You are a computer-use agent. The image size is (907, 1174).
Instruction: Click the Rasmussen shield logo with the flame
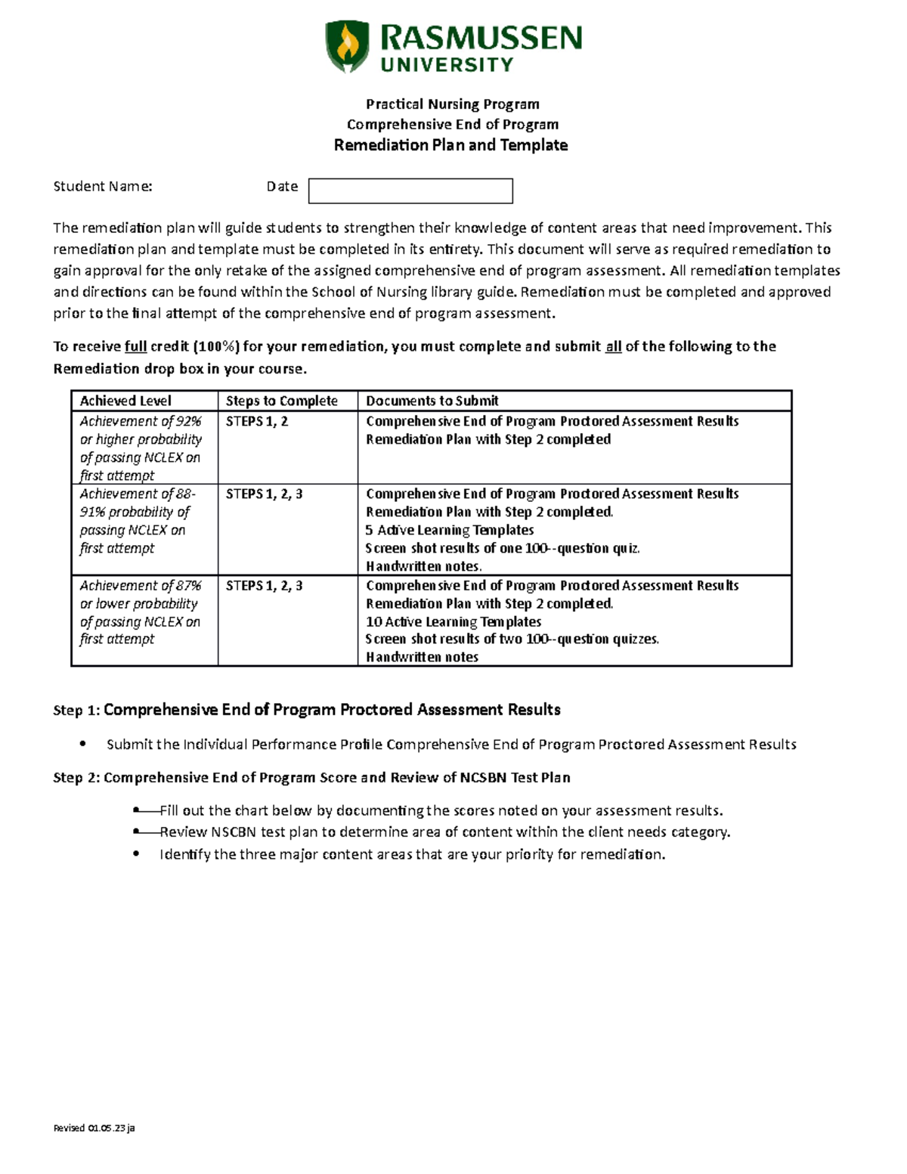tap(347, 46)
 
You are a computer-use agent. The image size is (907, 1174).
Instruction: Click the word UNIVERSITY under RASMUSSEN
tap(447, 65)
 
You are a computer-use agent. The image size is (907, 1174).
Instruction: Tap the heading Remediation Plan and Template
tap(450, 145)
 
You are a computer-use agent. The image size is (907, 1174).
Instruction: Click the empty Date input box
tap(410, 191)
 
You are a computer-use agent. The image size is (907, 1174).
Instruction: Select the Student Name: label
tap(103, 187)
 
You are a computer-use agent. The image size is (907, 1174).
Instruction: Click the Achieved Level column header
tap(125, 401)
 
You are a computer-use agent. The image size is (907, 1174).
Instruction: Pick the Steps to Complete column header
tap(281, 401)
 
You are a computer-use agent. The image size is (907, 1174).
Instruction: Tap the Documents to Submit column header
tap(432, 401)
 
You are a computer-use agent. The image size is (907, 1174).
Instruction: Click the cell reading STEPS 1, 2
tap(257, 422)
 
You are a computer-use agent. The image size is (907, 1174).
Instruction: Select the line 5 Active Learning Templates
tap(450, 530)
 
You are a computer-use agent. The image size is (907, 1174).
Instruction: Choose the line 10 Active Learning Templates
tap(453, 621)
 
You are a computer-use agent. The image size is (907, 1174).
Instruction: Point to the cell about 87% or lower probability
tap(140, 612)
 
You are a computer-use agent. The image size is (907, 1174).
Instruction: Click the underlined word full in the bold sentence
tap(135, 347)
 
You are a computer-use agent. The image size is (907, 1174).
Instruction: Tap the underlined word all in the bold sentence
tap(613, 347)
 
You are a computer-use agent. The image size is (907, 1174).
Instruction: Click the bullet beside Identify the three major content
tap(136, 854)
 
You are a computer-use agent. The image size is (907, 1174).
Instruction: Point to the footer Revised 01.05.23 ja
tap(94, 1128)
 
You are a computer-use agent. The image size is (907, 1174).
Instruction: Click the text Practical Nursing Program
tap(453, 104)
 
